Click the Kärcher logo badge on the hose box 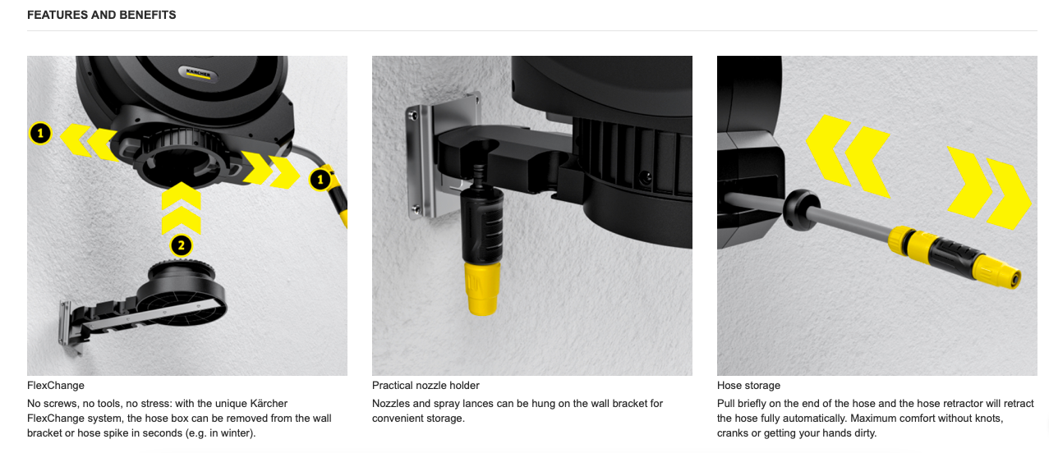(x=199, y=74)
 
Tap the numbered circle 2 (x=182, y=245)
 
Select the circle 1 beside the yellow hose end (x=320, y=180)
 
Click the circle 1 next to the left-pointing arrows (x=41, y=134)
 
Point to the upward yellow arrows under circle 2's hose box (x=182, y=208)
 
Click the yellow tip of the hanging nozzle (x=482, y=289)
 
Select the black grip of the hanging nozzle (x=482, y=225)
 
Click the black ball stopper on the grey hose (x=801, y=209)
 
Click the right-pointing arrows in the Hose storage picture (x=989, y=188)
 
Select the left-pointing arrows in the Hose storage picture (x=848, y=157)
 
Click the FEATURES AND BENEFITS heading (x=102, y=15)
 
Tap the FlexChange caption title (x=56, y=386)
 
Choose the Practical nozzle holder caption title (x=426, y=386)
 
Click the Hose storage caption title (x=748, y=386)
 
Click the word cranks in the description (x=733, y=433)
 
